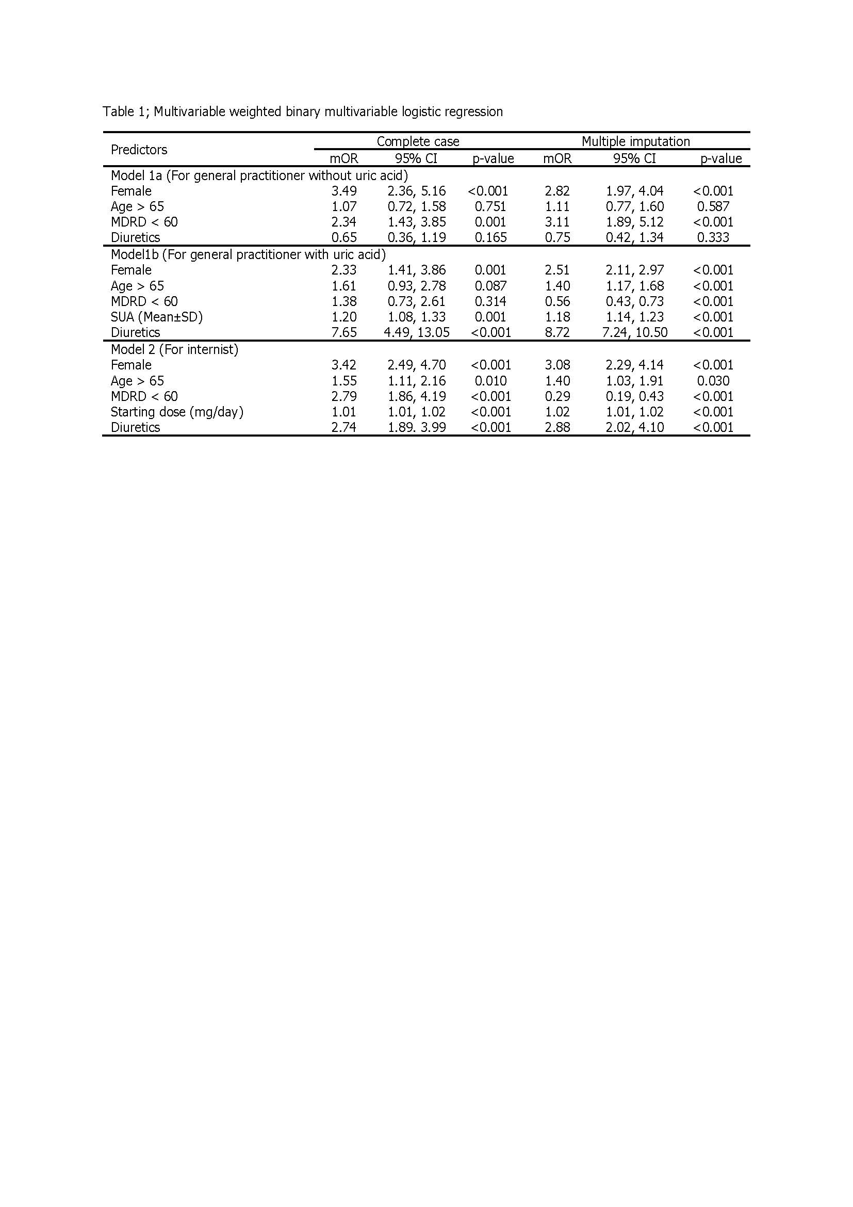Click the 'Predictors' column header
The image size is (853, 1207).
click(139, 150)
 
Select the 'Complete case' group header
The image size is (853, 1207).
click(418, 141)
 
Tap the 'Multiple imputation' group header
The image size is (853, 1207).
click(635, 141)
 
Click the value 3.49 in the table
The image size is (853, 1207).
click(343, 191)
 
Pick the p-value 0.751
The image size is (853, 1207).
click(490, 206)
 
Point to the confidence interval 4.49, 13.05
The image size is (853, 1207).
click(416, 332)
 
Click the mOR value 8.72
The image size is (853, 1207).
click(557, 332)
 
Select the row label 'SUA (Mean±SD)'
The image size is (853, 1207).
click(157, 317)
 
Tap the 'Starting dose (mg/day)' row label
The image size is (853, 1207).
click(177, 412)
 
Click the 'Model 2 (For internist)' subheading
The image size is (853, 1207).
click(174, 349)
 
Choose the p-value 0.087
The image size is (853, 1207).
click(490, 286)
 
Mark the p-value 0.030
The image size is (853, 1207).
click(713, 381)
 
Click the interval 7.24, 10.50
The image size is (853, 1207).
click(634, 332)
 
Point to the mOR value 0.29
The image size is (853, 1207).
click(557, 396)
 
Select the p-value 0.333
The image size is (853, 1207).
click(713, 237)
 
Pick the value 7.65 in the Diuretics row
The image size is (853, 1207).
click(343, 332)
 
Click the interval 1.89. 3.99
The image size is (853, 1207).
click(417, 427)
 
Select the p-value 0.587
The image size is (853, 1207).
click(713, 206)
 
